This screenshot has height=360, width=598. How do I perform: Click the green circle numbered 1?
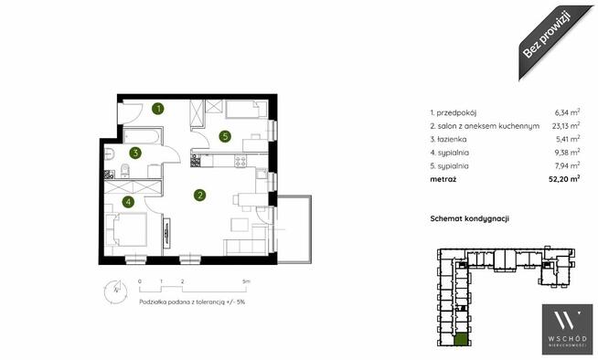coord(158,109)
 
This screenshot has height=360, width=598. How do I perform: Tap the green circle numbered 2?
coord(199,196)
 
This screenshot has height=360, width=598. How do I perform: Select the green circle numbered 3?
coord(135,154)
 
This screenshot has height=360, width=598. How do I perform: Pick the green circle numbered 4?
coord(129,202)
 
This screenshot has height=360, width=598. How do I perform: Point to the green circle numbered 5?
coord(225,136)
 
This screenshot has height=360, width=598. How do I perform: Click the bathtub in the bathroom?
coord(142,137)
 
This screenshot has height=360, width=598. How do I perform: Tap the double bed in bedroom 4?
coord(130,229)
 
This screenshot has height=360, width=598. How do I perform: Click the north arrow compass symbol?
coord(115,291)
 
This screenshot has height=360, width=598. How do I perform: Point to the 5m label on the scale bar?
coord(246,281)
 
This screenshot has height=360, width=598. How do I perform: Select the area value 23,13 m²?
coord(566,125)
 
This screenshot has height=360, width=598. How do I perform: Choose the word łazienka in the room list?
coord(452,140)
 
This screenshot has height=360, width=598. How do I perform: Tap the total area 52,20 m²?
coord(564,179)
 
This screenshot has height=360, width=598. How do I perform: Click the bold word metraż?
coord(443,179)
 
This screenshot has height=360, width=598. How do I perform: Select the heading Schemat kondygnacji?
coord(469,218)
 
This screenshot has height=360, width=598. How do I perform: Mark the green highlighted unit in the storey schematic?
coord(461,339)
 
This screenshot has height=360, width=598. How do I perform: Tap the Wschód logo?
coord(568,329)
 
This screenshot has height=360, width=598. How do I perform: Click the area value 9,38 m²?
coord(568,153)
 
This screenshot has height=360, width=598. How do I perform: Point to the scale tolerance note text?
coord(192,302)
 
